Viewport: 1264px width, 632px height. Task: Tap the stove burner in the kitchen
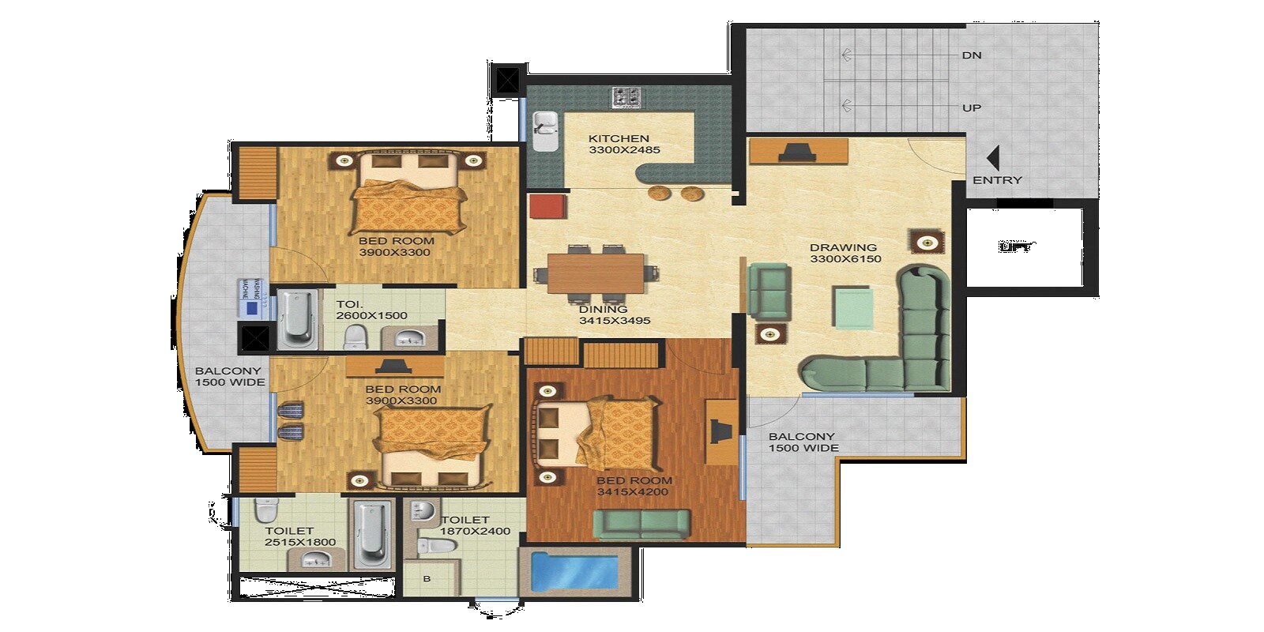(626, 97)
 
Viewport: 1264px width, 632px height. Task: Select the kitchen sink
(545, 130)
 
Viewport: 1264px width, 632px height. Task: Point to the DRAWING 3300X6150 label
(845, 253)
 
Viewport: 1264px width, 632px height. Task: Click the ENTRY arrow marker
(993, 157)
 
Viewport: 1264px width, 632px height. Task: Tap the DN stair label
(972, 55)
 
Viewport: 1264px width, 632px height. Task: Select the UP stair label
(972, 107)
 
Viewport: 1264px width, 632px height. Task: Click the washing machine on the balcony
(250, 299)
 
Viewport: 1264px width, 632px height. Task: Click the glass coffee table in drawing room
(854, 307)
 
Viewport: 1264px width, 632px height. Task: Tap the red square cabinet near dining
(548, 207)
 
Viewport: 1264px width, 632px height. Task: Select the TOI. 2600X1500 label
(371, 310)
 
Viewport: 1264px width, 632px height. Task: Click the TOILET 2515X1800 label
(299, 536)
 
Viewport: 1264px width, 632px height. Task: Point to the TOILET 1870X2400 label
(475, 525)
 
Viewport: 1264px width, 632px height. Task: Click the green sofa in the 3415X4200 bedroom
(641, 523)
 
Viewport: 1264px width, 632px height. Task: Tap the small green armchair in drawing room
(769, 289)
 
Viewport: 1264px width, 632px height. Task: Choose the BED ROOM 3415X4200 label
(634, 486)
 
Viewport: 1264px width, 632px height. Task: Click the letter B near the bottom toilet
(427, 579)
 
